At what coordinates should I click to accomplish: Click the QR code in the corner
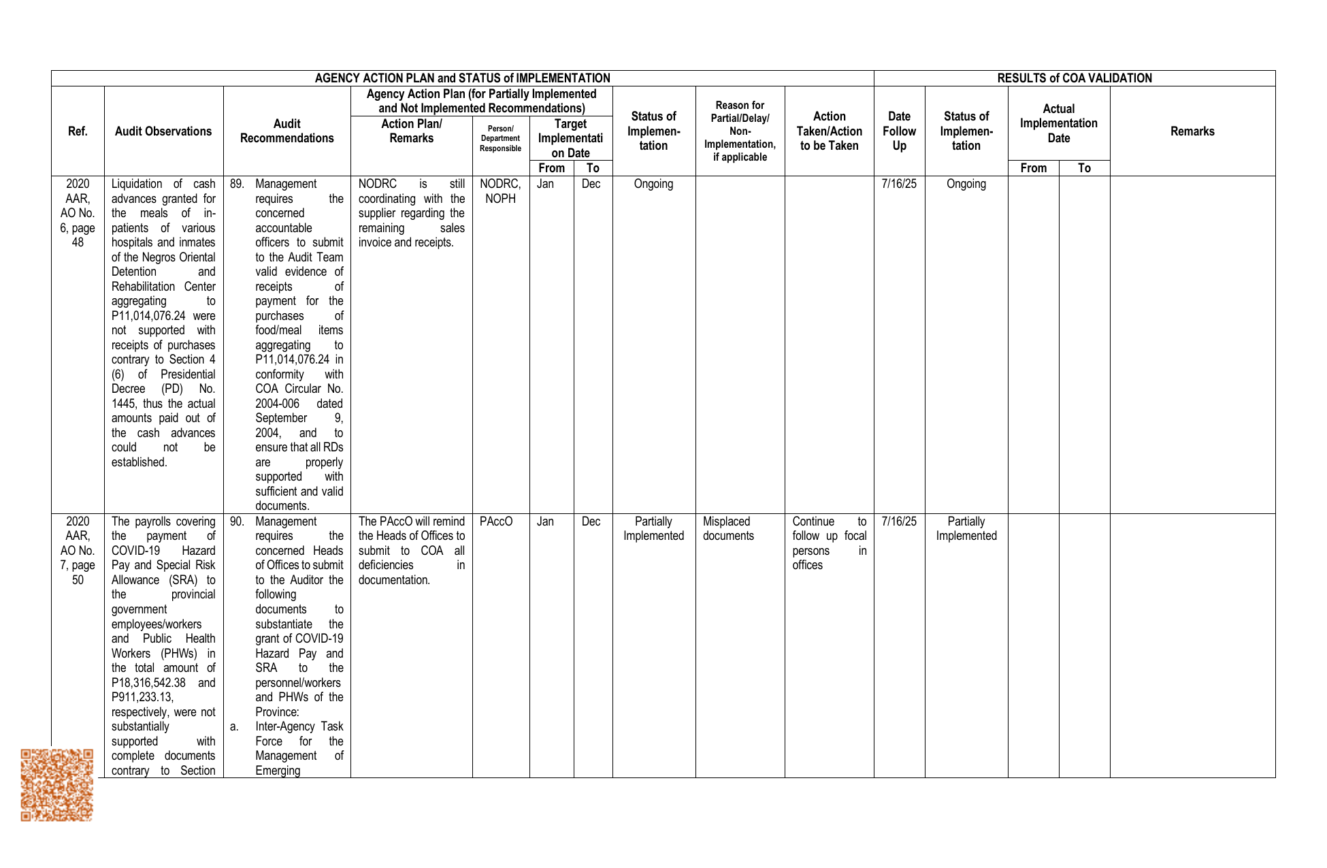(x=56, y=785)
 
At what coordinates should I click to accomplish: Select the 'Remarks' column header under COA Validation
(x=1192, y=131)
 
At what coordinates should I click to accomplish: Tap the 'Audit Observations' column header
(x=163, y=131)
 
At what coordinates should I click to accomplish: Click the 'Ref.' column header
(x=78, y=131)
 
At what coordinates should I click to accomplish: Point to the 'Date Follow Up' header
(x=899, y=131)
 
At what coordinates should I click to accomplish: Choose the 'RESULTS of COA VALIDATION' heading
(x=1074, y=78)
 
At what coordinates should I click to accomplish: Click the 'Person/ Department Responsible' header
(x=500, y=138)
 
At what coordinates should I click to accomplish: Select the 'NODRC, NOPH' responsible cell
(x=500, y=191)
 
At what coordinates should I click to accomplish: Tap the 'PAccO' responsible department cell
(x=496, y=521)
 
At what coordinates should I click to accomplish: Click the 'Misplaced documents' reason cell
(x=728, y=529)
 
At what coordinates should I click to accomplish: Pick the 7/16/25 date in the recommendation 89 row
(x=899, y=184)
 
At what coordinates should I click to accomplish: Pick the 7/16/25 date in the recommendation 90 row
(x=899, y=521)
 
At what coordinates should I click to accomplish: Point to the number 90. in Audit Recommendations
(x=237, y=521)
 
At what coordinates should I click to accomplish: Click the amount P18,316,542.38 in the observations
(x=148, y=683)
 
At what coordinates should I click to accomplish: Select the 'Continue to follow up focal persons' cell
(x=829, y=543)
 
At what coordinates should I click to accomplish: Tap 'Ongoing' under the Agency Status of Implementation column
(x=653, y=184)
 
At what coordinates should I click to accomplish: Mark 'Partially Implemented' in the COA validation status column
(x=966, y=529)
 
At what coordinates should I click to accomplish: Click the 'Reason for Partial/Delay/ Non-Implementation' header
(x=740, y=131)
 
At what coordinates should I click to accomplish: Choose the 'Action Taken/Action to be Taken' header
(x=829, y=131)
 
